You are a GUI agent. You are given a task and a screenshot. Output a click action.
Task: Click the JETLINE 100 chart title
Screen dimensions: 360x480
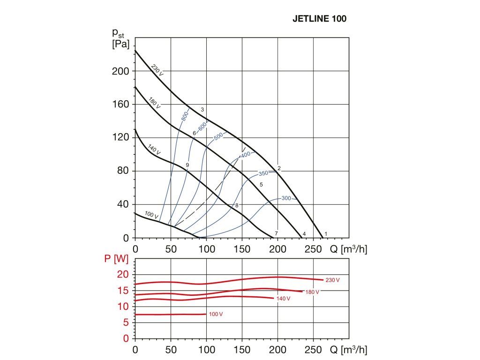(319, 19)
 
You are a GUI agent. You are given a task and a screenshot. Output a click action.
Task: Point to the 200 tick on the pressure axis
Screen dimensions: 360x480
(121, 71)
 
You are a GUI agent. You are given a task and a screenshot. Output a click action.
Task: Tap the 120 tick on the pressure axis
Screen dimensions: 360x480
(121, 137)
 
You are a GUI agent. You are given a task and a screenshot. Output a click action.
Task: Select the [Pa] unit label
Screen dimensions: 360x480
(121, 45)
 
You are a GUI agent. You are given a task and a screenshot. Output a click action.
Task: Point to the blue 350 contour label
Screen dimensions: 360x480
(263, 173)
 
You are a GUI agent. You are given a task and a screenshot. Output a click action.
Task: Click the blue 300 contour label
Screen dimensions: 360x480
(286, 198)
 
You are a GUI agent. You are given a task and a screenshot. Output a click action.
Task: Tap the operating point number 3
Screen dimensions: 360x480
(202, 110)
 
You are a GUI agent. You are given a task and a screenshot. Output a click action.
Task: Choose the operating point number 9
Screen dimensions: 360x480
(187, 165)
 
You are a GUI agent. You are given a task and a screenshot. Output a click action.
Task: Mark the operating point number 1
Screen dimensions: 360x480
(326, 233)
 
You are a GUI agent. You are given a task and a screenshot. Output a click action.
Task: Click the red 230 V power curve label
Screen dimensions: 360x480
(332, 280)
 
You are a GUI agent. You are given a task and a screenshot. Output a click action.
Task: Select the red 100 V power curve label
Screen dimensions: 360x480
(215, 314)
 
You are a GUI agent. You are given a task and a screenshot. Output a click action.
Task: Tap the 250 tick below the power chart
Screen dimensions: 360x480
(313, 349)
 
